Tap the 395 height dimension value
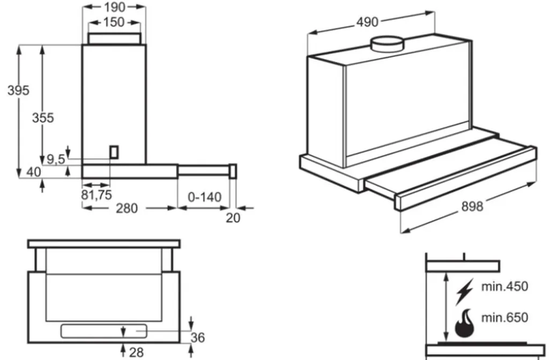(18, 91)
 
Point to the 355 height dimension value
(43, 117)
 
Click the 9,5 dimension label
(56, 159)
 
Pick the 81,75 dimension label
(97, 195)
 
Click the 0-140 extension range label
(204, 197)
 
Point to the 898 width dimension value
(471, 206)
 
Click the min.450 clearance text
(504, 286)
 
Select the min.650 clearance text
(504, 317)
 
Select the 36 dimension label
(198, 337)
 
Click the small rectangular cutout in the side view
(114, 152)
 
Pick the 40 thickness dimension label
(33, 172)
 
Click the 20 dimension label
(233, 217)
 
